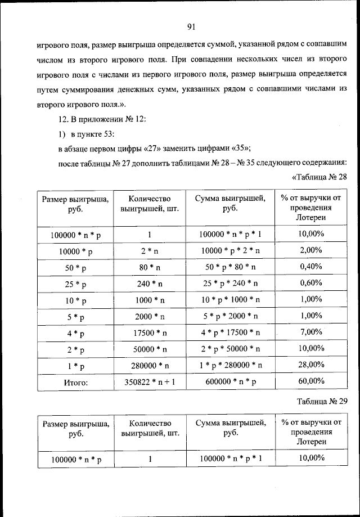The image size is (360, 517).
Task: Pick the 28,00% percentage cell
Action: pyautogui.click(x=310, y=365)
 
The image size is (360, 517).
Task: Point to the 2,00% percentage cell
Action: pyautogui.click(x=310, y=249)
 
